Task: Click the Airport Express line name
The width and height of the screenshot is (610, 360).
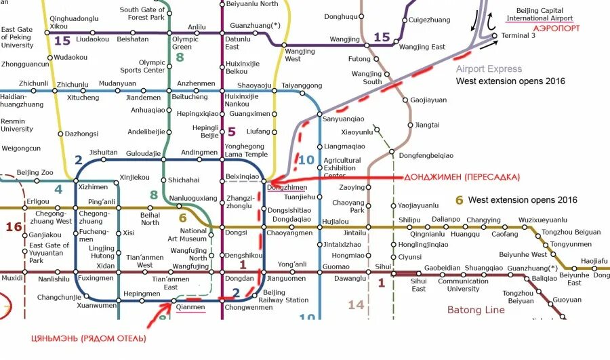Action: pos(489,68)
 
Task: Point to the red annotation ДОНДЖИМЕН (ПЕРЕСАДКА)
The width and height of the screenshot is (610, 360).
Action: pos(462,177)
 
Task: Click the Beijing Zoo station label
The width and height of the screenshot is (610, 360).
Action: pos(35,173)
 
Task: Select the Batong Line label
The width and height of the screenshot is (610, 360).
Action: pos(476,310)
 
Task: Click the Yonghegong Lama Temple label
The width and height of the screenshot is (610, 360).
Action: pos(247,150)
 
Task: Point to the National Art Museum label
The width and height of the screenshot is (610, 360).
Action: pos(188,235)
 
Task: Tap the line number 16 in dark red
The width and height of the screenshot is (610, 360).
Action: pos(14,226)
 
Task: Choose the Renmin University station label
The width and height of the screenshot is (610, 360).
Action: pos(17,125)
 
